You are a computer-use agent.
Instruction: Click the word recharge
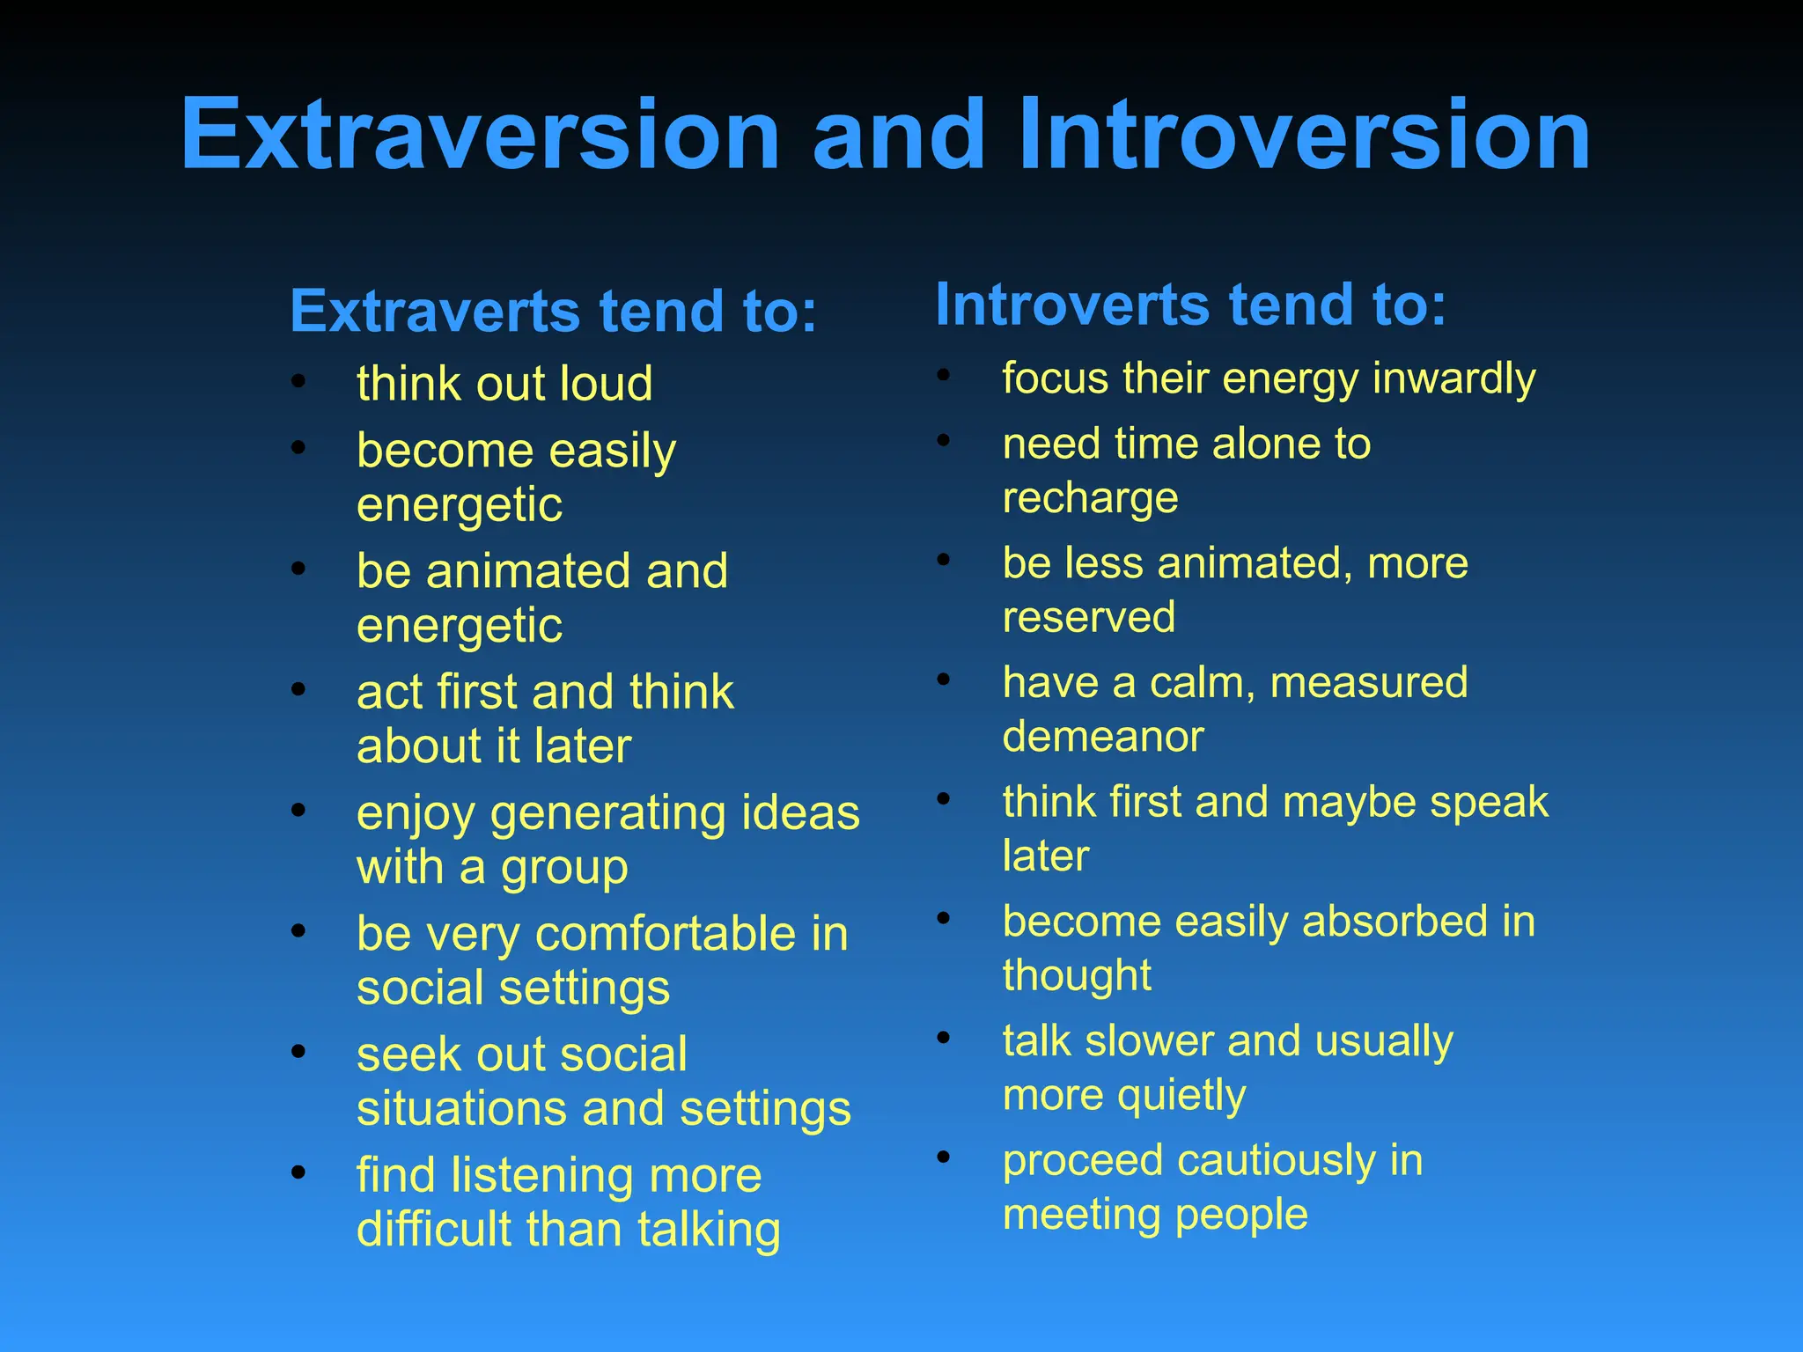1090,498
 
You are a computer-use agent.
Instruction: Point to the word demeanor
1102,737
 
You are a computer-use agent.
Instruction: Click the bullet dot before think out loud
298,381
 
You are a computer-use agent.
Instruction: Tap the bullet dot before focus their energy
944,375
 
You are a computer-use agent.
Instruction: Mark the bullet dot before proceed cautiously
944,1157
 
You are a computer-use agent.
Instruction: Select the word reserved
1088,617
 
